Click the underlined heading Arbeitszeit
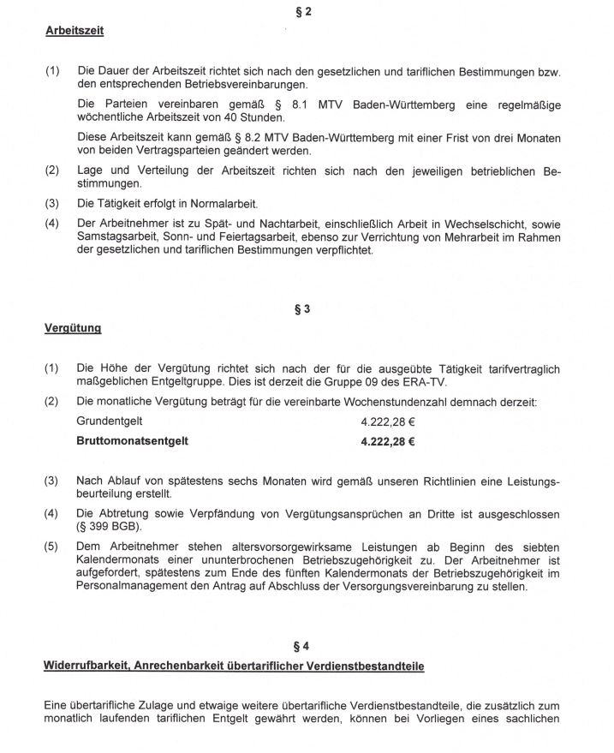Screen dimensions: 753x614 coord(75,32)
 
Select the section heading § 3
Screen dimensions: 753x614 coord(301,309)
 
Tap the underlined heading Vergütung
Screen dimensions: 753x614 coord(73,328)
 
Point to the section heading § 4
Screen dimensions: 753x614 coord(301,646)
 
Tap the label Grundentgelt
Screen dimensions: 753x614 coord(109,421)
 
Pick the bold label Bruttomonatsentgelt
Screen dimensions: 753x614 coord(132,441)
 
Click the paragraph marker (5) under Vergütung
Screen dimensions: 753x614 coord(51,547)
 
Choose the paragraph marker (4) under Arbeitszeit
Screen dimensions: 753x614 coord(51,222)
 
